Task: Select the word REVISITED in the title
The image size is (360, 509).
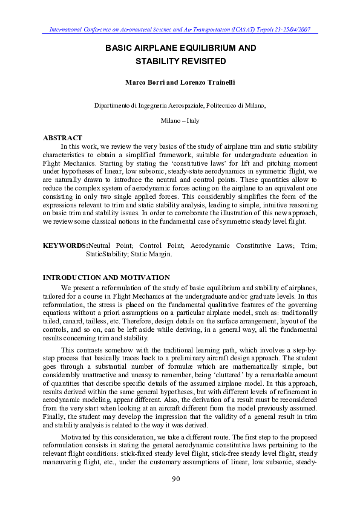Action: [x=201, y=62]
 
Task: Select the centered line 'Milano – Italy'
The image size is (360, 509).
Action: [x=180, y=121]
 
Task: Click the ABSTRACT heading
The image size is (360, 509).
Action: [x=62, y=138]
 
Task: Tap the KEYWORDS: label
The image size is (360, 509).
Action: [x=65, y=246]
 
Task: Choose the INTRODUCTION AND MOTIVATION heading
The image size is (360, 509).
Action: [x=106, y=277]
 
